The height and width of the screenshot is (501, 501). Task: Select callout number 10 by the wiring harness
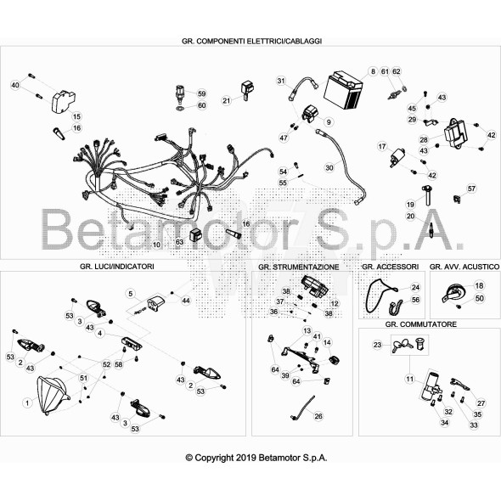155,244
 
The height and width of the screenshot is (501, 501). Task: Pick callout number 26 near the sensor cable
318,416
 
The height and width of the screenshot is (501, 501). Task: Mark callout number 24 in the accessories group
415,287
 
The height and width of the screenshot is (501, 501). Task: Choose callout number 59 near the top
201,93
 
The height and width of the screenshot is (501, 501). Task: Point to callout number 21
227,101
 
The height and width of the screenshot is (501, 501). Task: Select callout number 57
472,188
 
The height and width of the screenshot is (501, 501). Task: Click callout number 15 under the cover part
76,115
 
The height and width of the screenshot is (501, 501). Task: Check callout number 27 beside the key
480,402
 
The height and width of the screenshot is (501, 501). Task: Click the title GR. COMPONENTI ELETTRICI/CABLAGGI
257,41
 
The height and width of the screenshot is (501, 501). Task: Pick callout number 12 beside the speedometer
335,303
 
